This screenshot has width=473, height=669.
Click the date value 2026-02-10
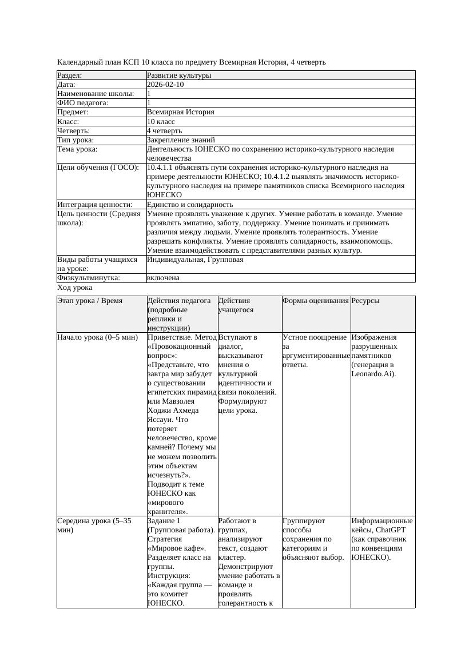(165, 85)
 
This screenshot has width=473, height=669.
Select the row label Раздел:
(70, 75)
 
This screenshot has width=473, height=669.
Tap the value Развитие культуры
(179, 75)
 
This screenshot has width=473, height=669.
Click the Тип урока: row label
(75, 140)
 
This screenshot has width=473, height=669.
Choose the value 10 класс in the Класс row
(161, 122)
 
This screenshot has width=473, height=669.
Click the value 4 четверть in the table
(164, 131)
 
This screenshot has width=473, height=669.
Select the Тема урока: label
(78, 149)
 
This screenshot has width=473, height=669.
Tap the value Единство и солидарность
(190, 205)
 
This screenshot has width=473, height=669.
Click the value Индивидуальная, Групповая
(195, 260)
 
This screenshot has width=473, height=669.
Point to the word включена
(163, 278)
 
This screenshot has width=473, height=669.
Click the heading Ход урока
(74, 288)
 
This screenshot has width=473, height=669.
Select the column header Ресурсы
(365, 301)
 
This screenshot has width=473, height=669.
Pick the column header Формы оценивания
(315, 301)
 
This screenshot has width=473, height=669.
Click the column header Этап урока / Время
(90, 301)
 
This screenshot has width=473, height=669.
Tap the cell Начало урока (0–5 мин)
(97, 337)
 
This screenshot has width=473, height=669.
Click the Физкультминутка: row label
(89, 278)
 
